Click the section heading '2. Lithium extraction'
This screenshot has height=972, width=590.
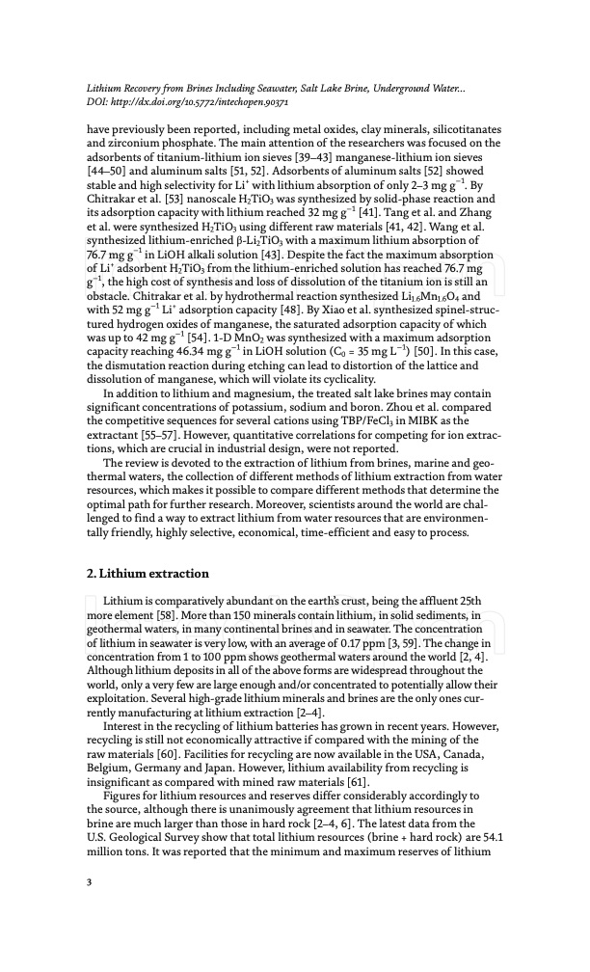147,574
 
